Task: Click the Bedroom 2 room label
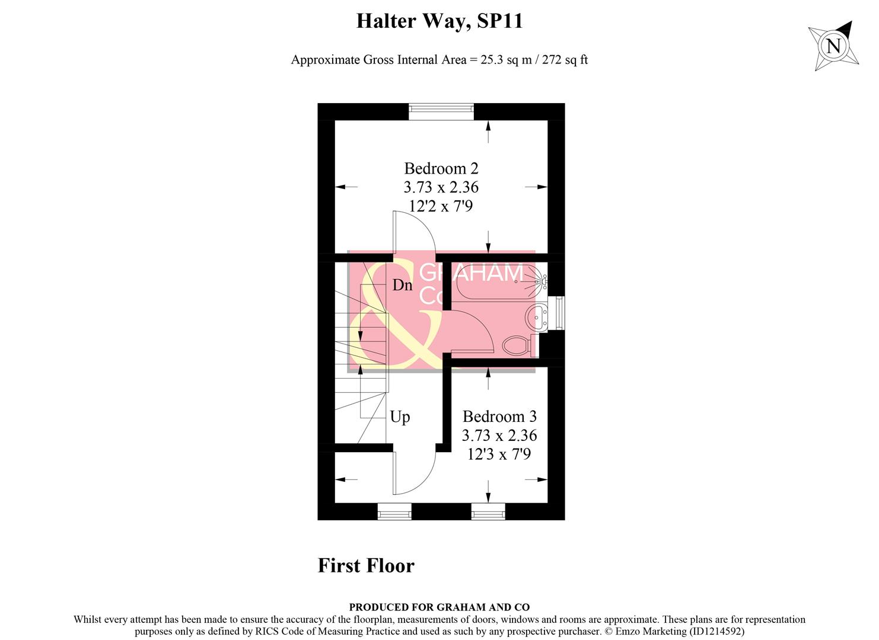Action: pyautogui.click(x=441, y=168)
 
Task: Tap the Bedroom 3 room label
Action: pyautogui.click(x=499, y=417)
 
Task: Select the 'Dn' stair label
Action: pyautogui.click(x=402, y=285)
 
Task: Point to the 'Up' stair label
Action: pyautogui.click(x=400, y=417)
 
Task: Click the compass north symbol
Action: pyautogui.click(x=833, y=46)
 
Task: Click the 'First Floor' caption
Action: pyautogui.click(x=366, y=565)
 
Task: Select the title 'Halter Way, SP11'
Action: pyautogui.click(x=439, y=21)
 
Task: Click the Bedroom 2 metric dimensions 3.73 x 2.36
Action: pyautogui.click(x=441, y=187)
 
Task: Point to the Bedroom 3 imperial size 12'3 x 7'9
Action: pyautogui.click(x=499, y=455)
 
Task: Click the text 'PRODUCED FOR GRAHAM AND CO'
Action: pyautogui.click(x=439, y=607)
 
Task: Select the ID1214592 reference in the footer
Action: pyautogui.click(x=715, y=632)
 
